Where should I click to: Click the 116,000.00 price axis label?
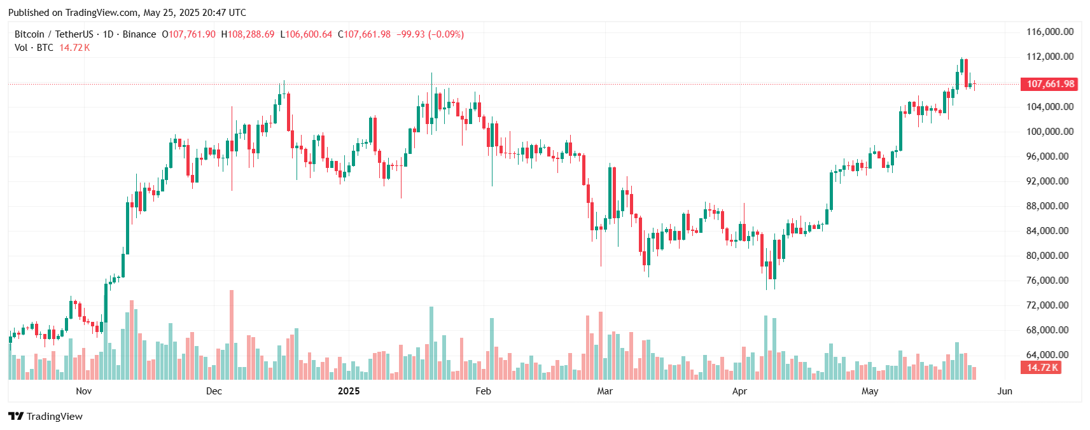pos(1049,32)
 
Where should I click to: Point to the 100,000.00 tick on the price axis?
pos(1049,132)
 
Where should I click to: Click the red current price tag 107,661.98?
pos(1050,84)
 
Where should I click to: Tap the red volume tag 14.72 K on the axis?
pos(1042,368)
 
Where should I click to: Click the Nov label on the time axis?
pos(83,391)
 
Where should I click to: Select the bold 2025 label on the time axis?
pos(349,391)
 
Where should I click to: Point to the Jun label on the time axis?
pos(1005,391)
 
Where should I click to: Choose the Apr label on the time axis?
pos(739,391)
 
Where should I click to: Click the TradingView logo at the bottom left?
pos(46,417)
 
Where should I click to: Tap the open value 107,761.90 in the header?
pos(192,34)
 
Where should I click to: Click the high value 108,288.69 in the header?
pos(251,34)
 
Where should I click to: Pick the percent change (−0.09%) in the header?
pos(446,34)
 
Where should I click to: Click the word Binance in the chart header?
pos(139,34)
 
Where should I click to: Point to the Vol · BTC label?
pos(34,48)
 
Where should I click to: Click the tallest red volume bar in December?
pos(232,335)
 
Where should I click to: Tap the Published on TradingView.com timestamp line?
pos(127,13)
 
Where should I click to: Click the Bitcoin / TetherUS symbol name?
pos(54,34)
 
